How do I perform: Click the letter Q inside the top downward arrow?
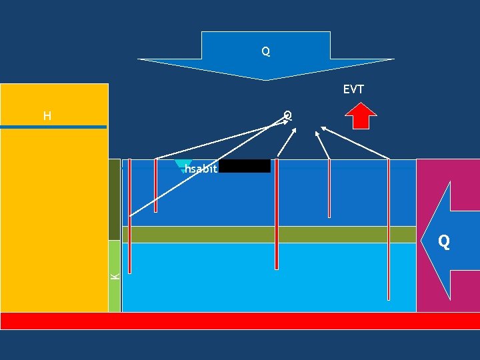(x=265, y=51)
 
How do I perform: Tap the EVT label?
(x=353, y=89)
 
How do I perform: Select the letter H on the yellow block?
(x=47, y=117)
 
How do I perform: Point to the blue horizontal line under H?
(x=53, y=127)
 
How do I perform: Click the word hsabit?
(x=201, y=169)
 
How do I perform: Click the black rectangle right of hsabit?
(x=245, y=166)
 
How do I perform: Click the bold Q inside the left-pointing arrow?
(x=443, y=241)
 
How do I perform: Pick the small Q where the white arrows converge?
(x=287, y=115)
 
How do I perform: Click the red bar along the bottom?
(x=240, y=321)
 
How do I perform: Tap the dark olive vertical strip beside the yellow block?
(x=115, y=200)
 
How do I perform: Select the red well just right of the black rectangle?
(x=276, y=213)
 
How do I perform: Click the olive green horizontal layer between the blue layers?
(x=267, y=235)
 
